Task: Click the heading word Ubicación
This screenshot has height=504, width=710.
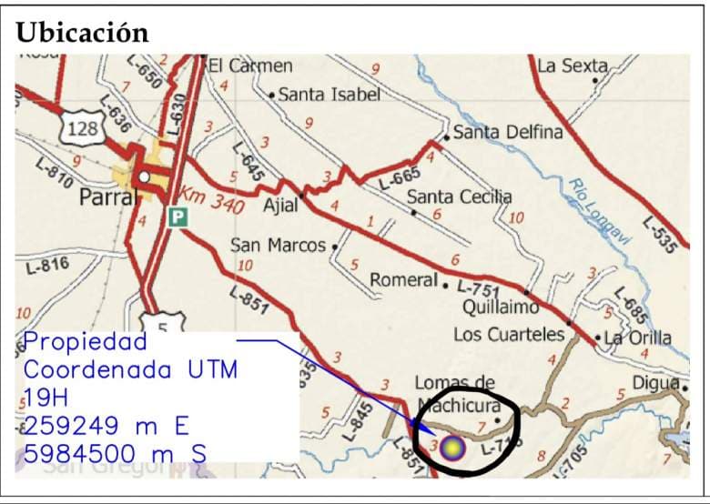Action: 82,32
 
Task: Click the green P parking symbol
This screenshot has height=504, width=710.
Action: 177,217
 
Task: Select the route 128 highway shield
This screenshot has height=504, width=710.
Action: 82,129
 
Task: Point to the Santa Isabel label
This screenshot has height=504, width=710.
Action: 329,94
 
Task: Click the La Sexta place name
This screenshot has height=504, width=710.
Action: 572,66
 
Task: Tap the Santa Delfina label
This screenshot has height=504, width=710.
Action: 508,132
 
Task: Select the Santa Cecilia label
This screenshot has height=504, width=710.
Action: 459,197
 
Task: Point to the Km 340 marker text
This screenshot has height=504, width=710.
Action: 211,201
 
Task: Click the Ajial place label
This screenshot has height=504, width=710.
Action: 280,206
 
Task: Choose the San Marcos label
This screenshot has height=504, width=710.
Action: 278,246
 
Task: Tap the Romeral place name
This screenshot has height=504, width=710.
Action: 404,280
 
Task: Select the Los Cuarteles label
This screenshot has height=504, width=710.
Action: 509,334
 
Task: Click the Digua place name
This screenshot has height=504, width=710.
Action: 656,383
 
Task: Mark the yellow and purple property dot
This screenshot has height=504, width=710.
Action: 453,447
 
